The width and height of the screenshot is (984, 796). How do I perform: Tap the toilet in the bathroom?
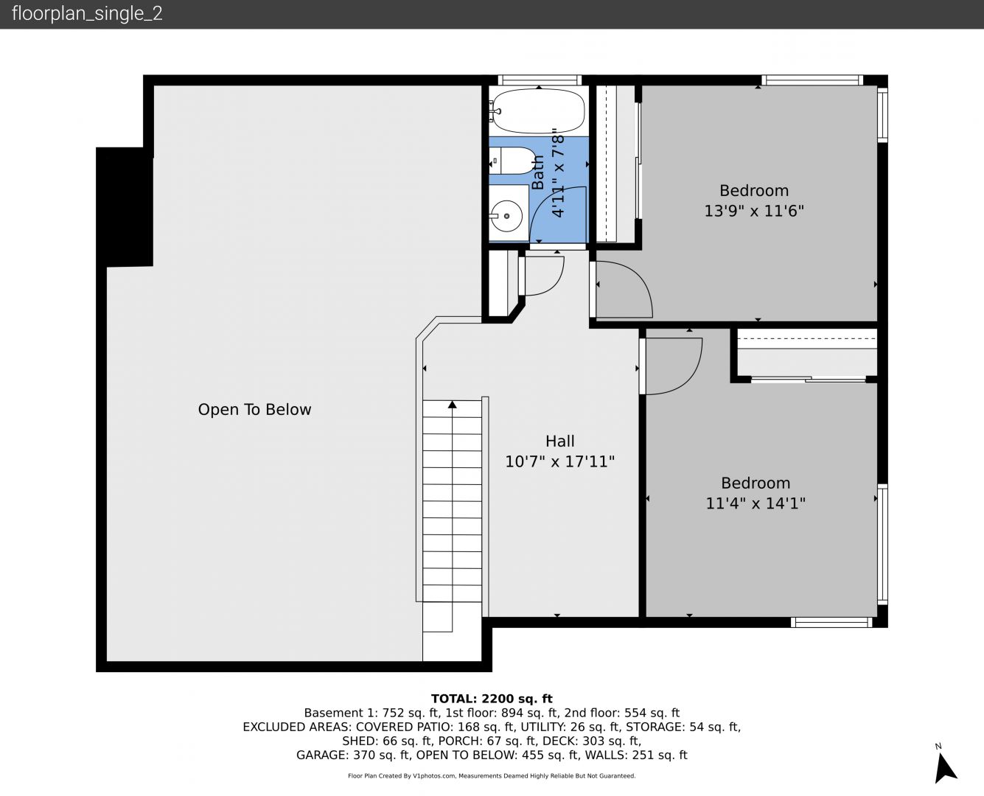512,161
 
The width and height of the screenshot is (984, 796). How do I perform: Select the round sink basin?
507,216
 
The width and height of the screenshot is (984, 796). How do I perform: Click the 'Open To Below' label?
254,409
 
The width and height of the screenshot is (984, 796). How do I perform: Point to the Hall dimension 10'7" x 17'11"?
560,461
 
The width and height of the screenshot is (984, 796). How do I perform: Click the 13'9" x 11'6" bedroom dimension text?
754,211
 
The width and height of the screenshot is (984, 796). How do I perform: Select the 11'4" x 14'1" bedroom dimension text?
756,503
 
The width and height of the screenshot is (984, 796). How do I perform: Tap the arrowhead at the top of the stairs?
453,405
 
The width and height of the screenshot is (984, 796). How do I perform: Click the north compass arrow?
945,768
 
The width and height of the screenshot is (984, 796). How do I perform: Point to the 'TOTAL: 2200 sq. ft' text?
492,699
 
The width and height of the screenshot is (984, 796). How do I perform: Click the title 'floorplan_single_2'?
87,14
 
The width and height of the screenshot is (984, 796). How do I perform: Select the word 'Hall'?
560,441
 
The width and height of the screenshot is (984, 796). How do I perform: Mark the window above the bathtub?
539,80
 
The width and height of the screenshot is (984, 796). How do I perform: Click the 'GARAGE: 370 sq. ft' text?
353,755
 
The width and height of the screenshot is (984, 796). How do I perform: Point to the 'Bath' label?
538,172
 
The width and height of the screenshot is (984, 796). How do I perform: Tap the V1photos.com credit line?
492,775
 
